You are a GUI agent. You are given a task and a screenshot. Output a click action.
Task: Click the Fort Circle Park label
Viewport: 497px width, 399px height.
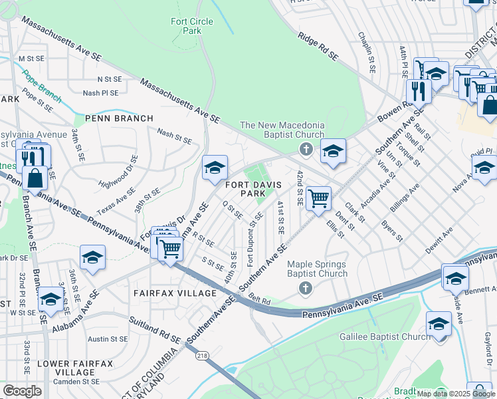coord(192,26)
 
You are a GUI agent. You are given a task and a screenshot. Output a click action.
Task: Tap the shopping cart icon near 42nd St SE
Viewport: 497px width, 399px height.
coord(319,198)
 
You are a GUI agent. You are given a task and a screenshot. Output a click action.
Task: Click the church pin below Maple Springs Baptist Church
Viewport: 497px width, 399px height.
coord(305,288)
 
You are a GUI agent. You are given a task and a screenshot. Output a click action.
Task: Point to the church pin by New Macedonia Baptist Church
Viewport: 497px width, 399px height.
coord(306,148)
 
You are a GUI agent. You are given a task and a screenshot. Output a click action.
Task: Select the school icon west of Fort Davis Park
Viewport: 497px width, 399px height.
coord(215,169)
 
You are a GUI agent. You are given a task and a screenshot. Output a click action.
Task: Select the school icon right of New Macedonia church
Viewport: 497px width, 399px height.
coord(333,152)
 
